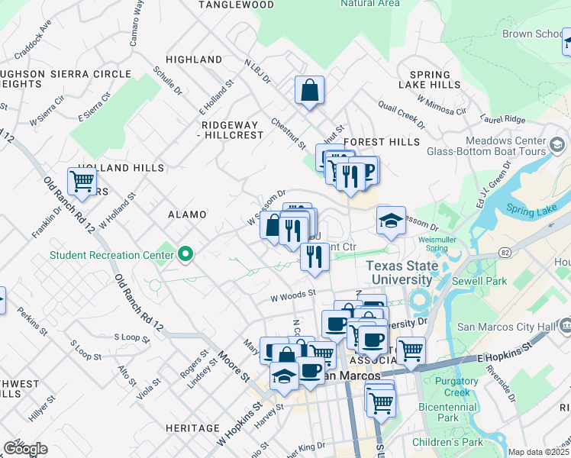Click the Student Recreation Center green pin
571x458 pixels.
tap(185, 255)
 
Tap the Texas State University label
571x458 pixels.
tap(403, 273)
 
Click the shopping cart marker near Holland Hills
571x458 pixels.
tap(82, 182)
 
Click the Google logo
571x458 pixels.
tap(24, 449)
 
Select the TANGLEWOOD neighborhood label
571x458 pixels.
tap(236, 5)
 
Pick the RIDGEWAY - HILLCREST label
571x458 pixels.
tap(232, 129)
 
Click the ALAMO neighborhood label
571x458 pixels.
tap(187, 215)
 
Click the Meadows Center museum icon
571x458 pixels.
tap(557, 144)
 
